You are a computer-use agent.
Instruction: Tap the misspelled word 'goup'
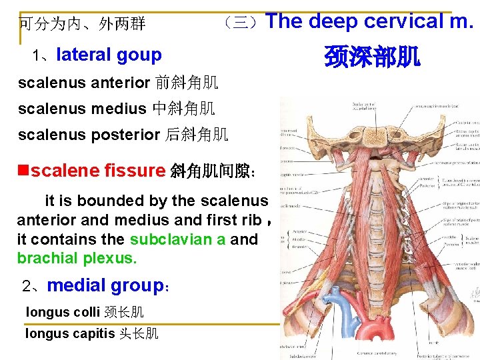tap(141, 55)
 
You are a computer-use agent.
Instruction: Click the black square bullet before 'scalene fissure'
tap(23, 171)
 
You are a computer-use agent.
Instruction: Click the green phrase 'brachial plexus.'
tap(77, 257)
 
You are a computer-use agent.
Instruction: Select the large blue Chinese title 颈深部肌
tap(372, 57)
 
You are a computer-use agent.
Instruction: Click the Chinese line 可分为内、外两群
tap(82, 25)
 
